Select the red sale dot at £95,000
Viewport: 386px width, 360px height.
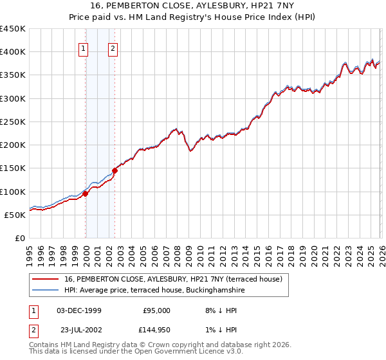coord(85,194)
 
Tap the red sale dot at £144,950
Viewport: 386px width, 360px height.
coord(115,170)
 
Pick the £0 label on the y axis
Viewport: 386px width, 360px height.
coord(19,238)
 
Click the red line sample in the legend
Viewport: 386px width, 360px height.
coord(45,279)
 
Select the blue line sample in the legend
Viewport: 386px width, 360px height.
coord(45,291)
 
